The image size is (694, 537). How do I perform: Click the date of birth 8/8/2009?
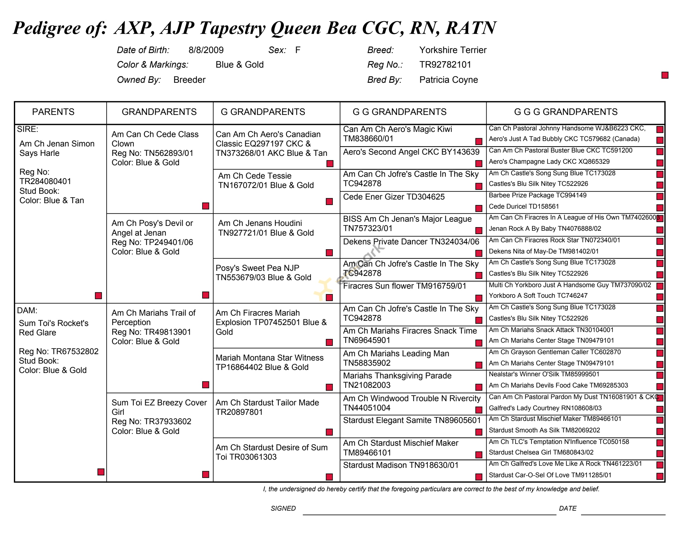click(x=206, y=50)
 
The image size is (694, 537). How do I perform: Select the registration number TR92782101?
click(x=445, y=65)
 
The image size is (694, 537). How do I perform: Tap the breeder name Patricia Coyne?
click(x=448, y=79)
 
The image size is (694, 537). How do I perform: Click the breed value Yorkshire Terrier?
click(x=452, y=50)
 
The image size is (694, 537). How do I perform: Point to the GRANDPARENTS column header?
click(x=159, y=112)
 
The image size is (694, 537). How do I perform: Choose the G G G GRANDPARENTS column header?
click(x=566, y=112)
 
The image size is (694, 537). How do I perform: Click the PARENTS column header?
click(x=53, y=112)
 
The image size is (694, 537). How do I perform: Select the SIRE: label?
click(x=28, y=129)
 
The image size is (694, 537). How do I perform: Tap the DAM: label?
click(x=27, y=310)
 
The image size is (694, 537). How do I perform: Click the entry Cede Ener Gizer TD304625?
click(x=394, y=196)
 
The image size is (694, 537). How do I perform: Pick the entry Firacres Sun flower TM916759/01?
click(x=405, y=286)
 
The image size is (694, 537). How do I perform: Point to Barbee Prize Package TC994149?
click(x=537, y=195)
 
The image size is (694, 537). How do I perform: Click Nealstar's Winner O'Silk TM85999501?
click(x=544, y=374)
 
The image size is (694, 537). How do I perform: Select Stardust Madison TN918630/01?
click(x=401, y=465)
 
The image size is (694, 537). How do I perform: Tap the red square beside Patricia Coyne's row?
click(x=665, y=75)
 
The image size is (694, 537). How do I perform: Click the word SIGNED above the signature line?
click(x=283, y=508)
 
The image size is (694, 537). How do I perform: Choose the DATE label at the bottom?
click(x=567, y=508)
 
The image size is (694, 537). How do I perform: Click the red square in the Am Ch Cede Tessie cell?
click(x=329, y=201)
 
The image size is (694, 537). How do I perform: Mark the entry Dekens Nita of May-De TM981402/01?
click(x=544, y=251)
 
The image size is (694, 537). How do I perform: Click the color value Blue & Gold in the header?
click(x=240, y=65)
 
